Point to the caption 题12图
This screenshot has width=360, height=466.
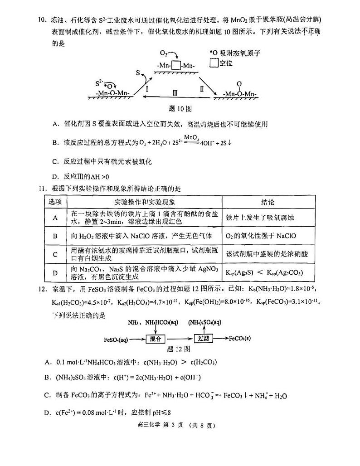click(178, 349)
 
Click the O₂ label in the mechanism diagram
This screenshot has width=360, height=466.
click(165, 53)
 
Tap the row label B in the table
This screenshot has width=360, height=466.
click(55, 236)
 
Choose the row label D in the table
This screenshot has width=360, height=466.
click(55, 272)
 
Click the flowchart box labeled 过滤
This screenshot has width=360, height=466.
click(203, 338)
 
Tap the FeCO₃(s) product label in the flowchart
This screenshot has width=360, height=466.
click(245, 338)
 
